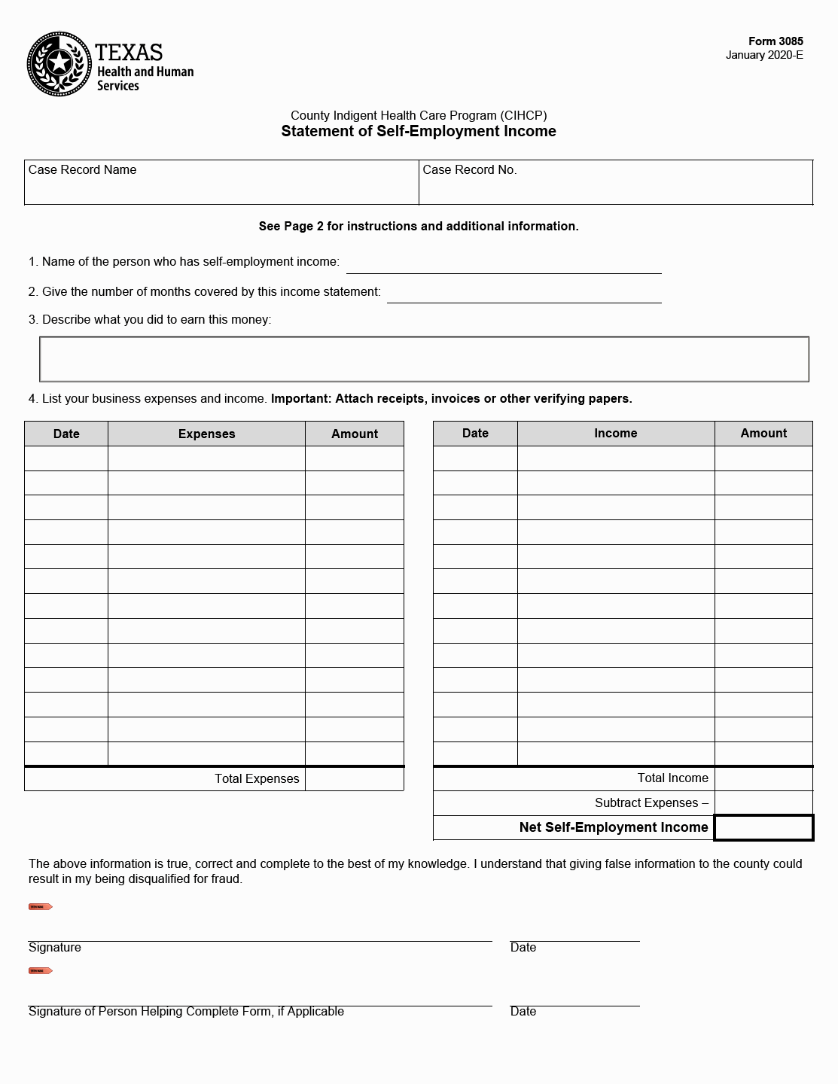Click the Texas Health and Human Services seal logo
click(x=60, y=64)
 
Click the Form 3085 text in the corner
click(x=776, y=41)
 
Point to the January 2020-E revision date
click(x=764, y=55)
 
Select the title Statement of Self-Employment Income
click(x=419, y=131)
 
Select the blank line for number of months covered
click(x=523, y=294)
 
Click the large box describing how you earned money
click(x=424, y=359)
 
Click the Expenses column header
click(x=206, y=434)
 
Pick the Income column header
click(x=615, y=433)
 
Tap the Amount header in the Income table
click(x=763, y=433)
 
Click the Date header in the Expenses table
click(x=66, y=434)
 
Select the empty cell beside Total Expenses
click(x=355, y=779)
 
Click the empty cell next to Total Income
click(x=763, y=778)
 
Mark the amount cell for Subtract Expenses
click(x=763, y=803)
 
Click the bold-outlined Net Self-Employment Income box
click(x=763, y=827)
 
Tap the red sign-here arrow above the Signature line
click(x=40, y=907)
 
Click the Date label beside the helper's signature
click(x=523, y=1011)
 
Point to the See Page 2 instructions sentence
click(x=419, y=226)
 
